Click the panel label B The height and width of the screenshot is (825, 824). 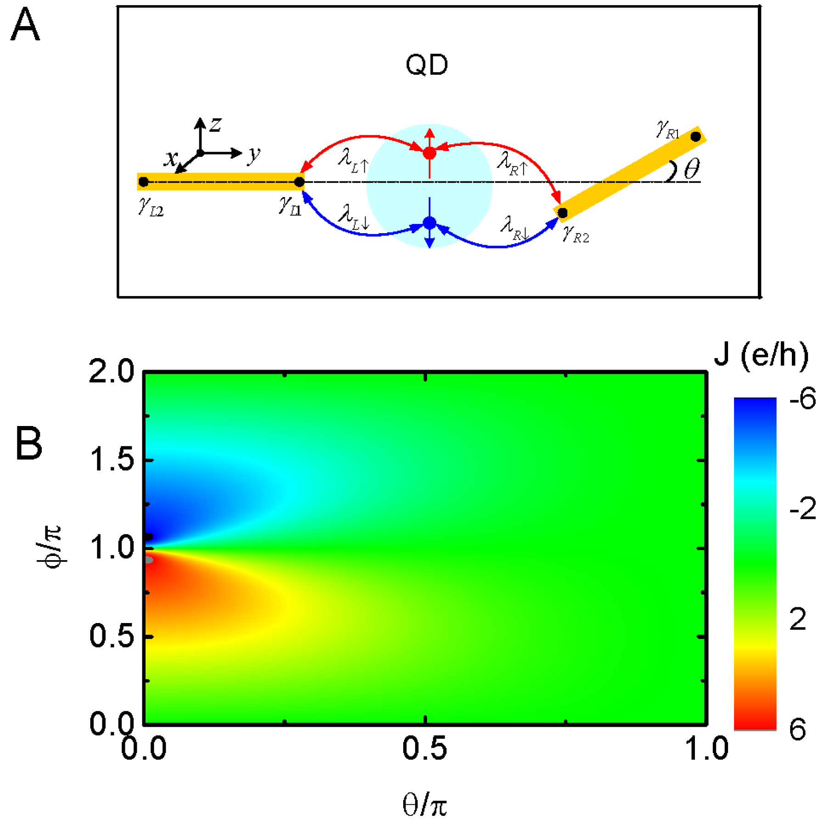click(x=28, y=443)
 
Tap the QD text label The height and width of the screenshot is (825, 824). click(x=426, y=65)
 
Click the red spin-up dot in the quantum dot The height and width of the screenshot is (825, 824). click(x=429, y=153)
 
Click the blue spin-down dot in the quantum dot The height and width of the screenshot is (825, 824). click(x=429, y=223)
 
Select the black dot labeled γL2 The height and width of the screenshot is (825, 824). click(x=143, y=182)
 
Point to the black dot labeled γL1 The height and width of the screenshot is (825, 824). click(x=299, y=182)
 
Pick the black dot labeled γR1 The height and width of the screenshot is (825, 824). click(x=695, y=136)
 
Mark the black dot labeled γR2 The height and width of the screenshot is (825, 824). click(x=562, y=213)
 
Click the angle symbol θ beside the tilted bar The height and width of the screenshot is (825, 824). click(x=691, y=169)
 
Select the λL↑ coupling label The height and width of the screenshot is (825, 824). click(x=353, y=161)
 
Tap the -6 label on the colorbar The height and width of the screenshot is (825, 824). click(x=802, y=398)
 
